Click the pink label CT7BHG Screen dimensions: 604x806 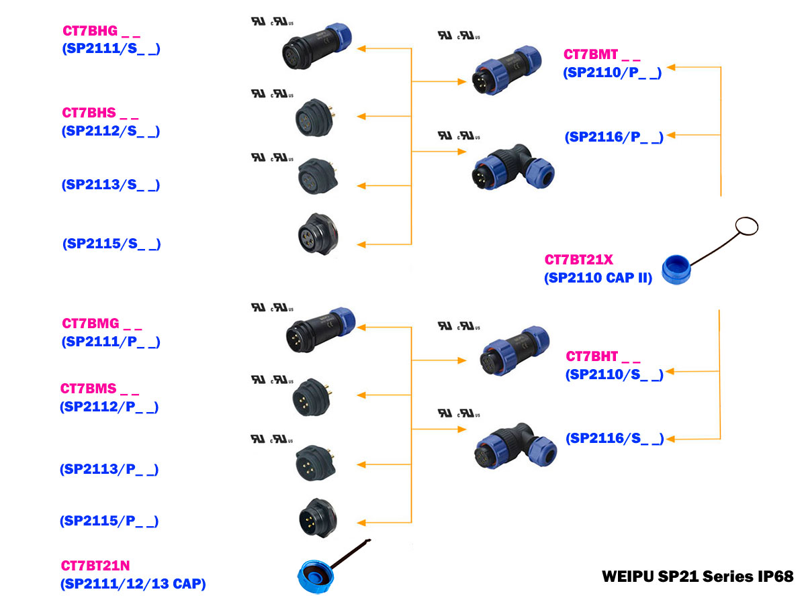[x=90, y=30]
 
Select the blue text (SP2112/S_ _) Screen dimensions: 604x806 [x=111, y=131]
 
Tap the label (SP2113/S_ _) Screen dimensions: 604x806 [x=111, y=184]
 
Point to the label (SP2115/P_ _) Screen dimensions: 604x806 [x=109, y=521]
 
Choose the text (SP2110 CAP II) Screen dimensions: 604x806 [x=598, y=277]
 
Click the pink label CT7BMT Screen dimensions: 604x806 [x=590, y=54]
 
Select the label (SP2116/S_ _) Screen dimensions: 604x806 [x=615, y=439]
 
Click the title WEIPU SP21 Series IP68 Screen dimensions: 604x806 [x=697, y=576]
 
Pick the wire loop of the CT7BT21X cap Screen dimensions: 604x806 [x=746, y=226]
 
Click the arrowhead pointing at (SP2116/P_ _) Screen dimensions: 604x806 [x=672, y=136]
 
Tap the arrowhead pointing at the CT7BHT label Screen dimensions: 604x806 [x=670, y=371]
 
